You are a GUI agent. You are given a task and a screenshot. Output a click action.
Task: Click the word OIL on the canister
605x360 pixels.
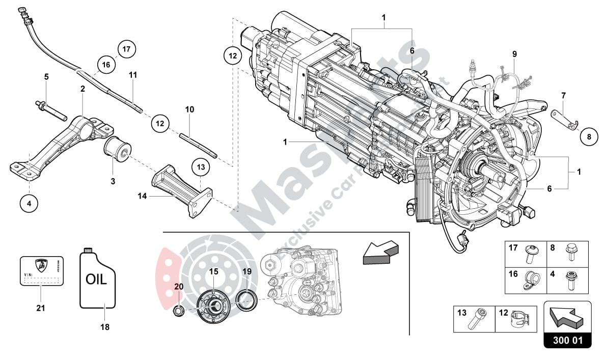pos(96,280)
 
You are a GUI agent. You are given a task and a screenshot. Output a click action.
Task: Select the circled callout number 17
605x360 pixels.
pos(126,49)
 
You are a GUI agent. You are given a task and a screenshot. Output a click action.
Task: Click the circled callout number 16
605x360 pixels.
pos(105,65)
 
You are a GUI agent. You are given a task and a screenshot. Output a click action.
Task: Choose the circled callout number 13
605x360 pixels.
pos(200,167)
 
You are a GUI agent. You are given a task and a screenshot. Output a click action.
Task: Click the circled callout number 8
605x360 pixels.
pos(588,136)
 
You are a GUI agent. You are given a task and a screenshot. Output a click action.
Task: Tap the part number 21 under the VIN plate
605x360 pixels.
pos(41,308)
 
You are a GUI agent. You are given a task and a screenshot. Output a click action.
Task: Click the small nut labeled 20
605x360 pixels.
pos(179,310)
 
